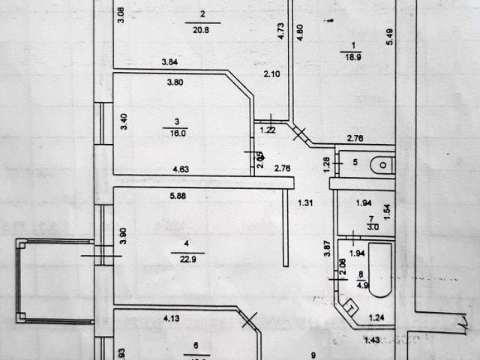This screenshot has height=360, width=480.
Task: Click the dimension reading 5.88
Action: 178,197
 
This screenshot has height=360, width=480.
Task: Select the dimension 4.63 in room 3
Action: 181,169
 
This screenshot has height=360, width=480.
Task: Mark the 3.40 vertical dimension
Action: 124,121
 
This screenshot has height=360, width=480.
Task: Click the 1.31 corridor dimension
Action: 304,202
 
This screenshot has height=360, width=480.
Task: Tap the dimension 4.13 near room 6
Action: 174,319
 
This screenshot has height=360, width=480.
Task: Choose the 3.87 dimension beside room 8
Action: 327,249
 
